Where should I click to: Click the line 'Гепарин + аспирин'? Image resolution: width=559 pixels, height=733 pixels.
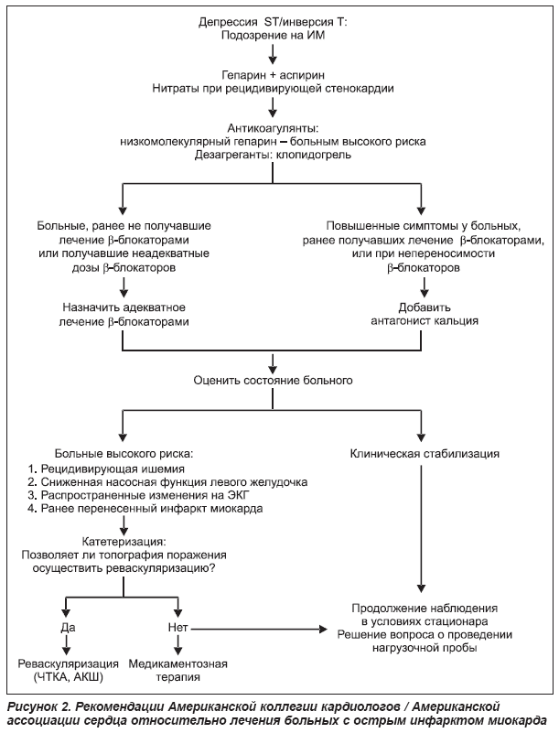pyautogui.click(x=273, y=75)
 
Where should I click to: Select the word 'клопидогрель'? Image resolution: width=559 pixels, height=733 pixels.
pyautogui.click(x=314, y=155)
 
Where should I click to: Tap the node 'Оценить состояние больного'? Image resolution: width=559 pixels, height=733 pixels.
pyautogui.click(x=273, y=381)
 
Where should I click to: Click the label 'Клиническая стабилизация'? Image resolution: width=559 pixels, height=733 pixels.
pyautogui.click(x=425, y=454)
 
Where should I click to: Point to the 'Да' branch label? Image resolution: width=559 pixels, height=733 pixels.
pyautogui.click(x=68, y=628)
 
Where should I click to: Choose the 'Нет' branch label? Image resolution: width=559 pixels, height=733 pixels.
pyautogui.click(x=177, y=628)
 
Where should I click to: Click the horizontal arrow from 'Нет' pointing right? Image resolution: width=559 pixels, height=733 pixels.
pyautogui.click(x=259, y=630)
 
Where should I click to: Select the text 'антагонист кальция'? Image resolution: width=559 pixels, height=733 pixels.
pyautogui.click(x=425, y=321)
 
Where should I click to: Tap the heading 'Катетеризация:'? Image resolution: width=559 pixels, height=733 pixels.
pyautogui.click(x=124, y=542)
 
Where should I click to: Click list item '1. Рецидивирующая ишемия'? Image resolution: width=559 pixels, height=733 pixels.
pyautogui.click(x=106, y=469)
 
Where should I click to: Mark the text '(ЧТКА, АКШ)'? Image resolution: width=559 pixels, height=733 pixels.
pyautogui.click(x=69, y=677)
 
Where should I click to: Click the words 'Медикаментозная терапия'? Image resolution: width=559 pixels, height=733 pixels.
pyautogui.click(x=177, y=671)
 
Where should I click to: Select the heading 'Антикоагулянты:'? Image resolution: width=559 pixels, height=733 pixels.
pyautogui.click(x=273, y=127)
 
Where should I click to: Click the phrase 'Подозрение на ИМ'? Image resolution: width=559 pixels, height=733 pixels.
pyautogui.click(x=273, y=35)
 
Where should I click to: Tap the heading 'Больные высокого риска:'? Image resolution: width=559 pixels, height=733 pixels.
pyautogui.click(x=124, y=454)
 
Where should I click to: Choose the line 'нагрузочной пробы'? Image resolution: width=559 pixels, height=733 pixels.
pyautogui.click(x=425, y=648)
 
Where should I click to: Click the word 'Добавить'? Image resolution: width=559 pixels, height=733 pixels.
pyautogui.click(x=425, y=307)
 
